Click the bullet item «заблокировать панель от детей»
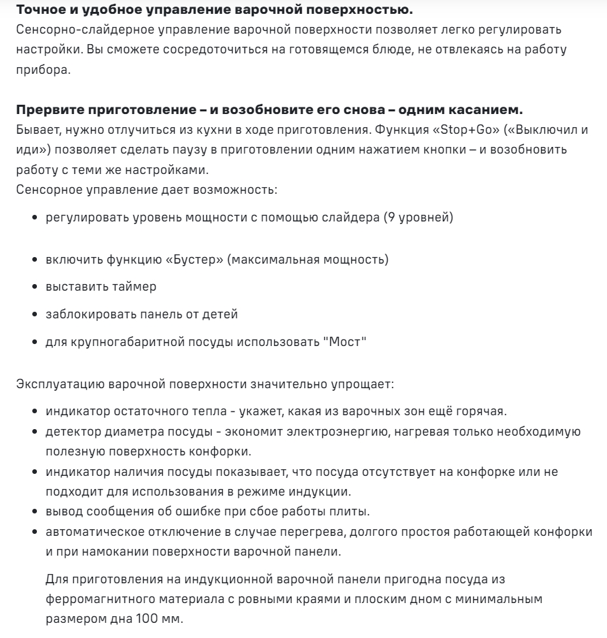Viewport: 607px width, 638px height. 141,314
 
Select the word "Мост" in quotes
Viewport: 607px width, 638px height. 344,342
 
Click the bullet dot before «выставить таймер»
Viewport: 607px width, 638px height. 38,287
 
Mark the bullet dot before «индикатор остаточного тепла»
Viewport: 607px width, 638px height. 38,412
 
